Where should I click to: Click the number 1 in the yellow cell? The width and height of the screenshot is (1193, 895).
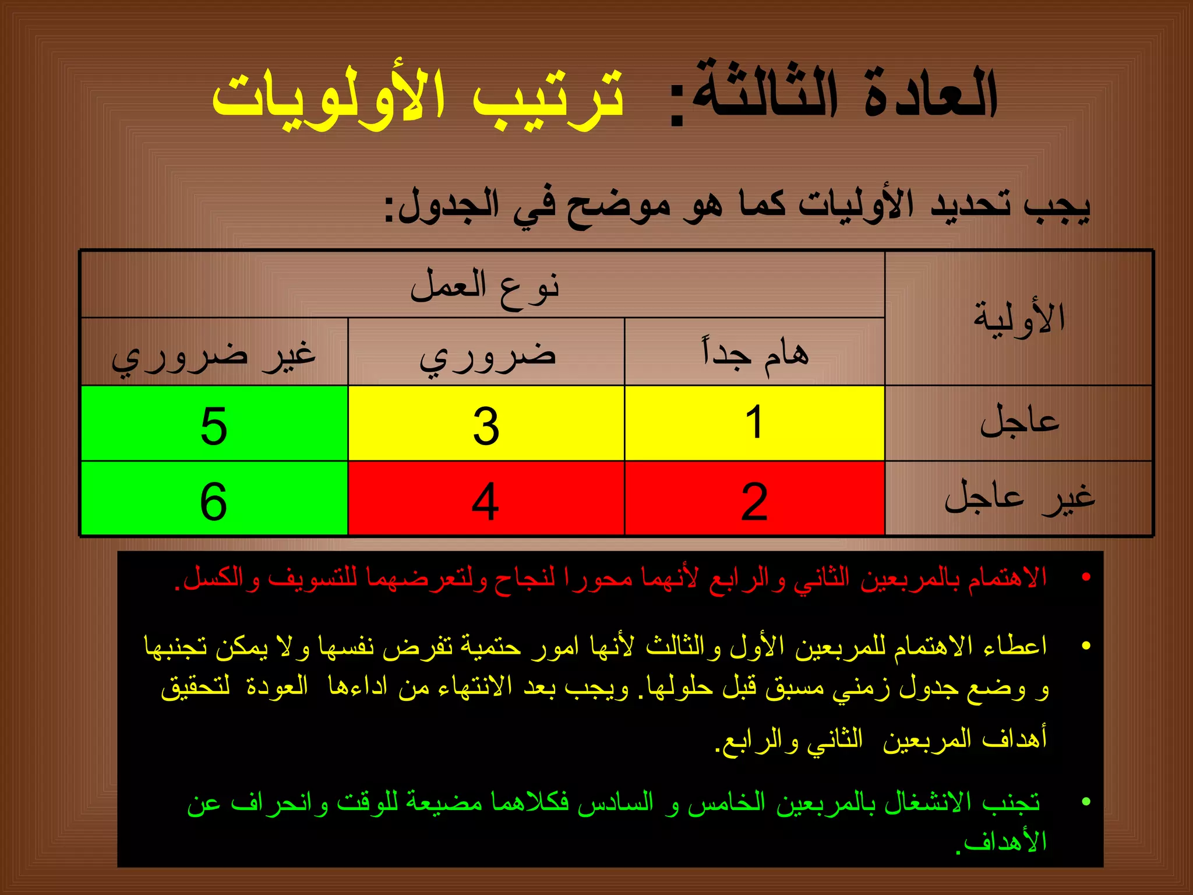pyautogui.click(x=754, y=422)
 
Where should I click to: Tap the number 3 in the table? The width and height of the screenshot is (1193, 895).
pyautogui.click(x=486, y=425)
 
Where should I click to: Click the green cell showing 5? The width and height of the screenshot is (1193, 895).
pyautogui.click(x=214, y=425)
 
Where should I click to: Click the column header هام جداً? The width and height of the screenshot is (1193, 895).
pyautogui.click(x=756, y=353)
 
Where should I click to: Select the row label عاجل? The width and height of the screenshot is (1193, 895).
pyautogui.click(x=1019, y=422)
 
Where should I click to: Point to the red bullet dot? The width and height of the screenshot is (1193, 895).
pyautogui.click(x=1086, y=577)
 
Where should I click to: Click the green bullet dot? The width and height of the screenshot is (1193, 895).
pyautogui.click(x=1086, y=802)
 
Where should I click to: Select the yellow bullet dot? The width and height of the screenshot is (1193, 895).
pyautogui.click(x=1086, y=646)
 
